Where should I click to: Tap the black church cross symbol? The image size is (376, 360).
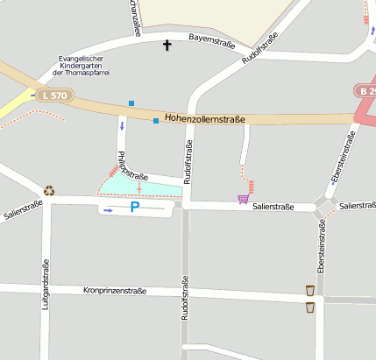[x=167, y=44]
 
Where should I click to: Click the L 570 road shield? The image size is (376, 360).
[x=53, y=95]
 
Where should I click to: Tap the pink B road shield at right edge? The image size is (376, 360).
[x=366, y=90]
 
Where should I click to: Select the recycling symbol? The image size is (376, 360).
[x=49, y=190]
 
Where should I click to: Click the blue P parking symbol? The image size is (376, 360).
[x=134, y=208]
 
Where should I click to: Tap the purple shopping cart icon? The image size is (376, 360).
[x=242, y=199]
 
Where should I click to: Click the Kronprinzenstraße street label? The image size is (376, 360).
[x=114, y=290]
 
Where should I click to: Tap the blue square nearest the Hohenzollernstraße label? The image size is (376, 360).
[x=156, y=120]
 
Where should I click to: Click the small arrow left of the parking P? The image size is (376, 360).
[x=108, y=210]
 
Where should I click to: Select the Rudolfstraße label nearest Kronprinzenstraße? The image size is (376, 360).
[x=185, y=299]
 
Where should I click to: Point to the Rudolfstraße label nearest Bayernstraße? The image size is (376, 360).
[x=259, y=50]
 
